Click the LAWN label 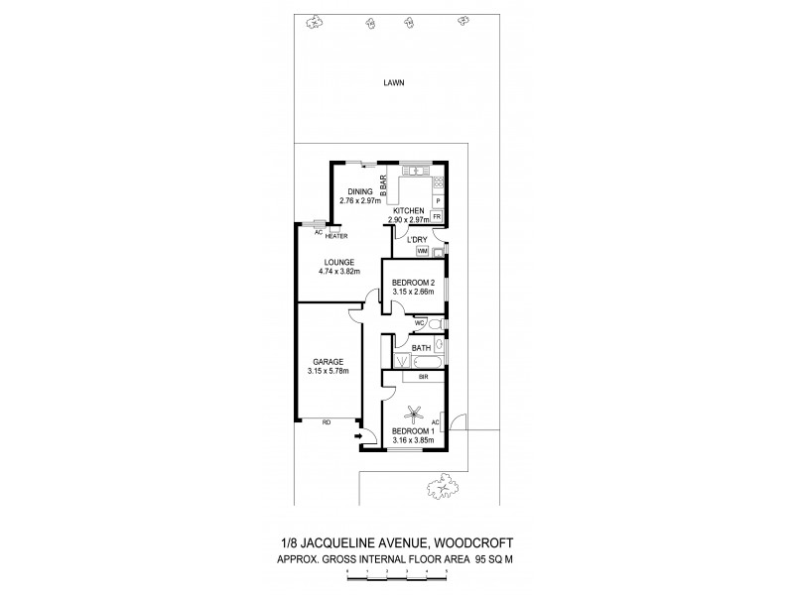pyautogui.click(x=395, y=83)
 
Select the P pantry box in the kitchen pyautogui.click(x=438, y=201)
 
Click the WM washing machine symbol pyautogui.click(x=422, y=252)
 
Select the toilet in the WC pyautogui.click(x=436, y=324)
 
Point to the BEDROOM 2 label pyautogui.click(x=414, y=284)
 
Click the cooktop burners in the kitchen pyautogui.click(x=438, y=182)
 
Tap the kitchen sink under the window pyautogui.click(x=415, y=168)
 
